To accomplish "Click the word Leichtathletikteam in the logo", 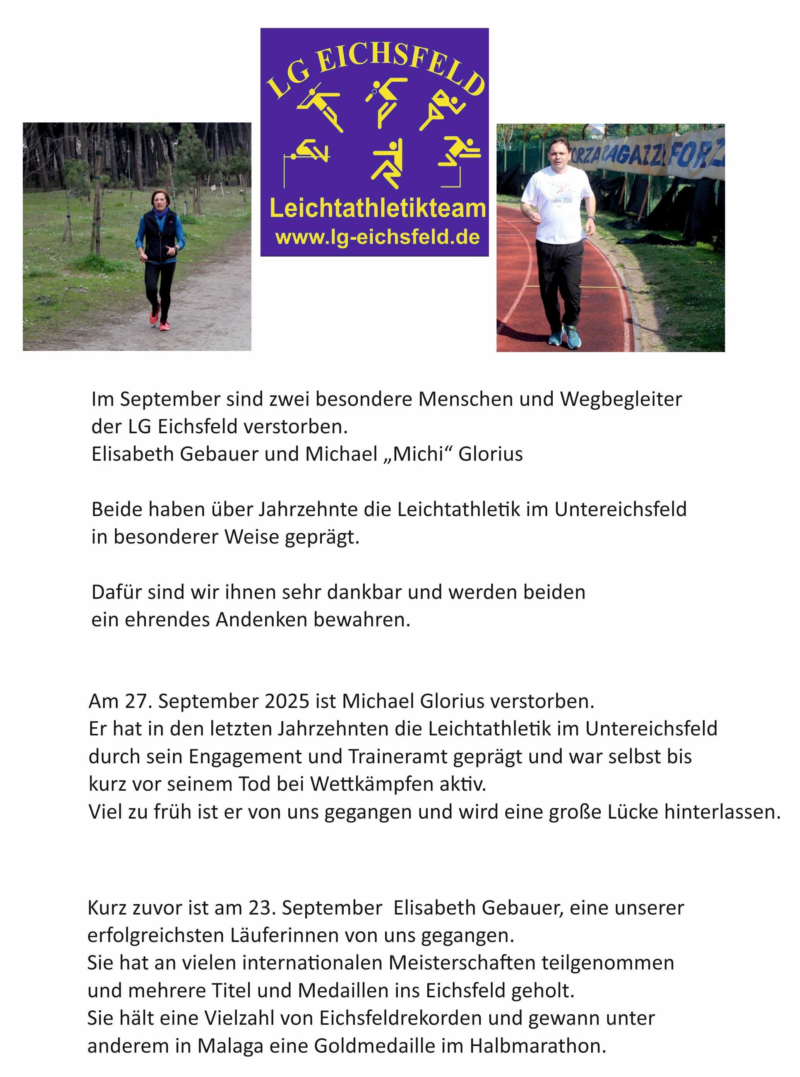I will click(377, 209).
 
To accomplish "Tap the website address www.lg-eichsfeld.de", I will click(377, 237).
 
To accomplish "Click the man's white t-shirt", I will click(557, 203).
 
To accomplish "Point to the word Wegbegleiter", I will click(621, 399).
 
